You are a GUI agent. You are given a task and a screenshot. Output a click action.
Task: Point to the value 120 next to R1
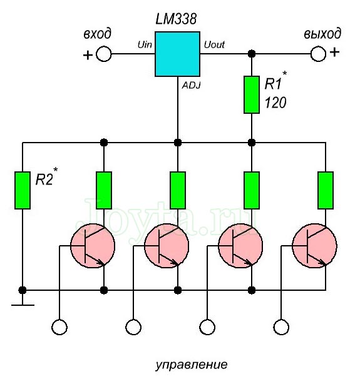pyautogui.click(x=275, y=103)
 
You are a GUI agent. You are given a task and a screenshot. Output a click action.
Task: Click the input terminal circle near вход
pyautogui.click(x=103, y=54)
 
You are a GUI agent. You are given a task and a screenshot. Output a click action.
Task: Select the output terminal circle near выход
pyautogui.click(x=319, y=54)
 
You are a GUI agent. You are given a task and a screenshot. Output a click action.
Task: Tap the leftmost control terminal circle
pyautogui.click(x=59, y=326)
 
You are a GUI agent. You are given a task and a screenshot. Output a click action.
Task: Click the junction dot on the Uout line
pyautogui.click(x=252, y=54)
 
